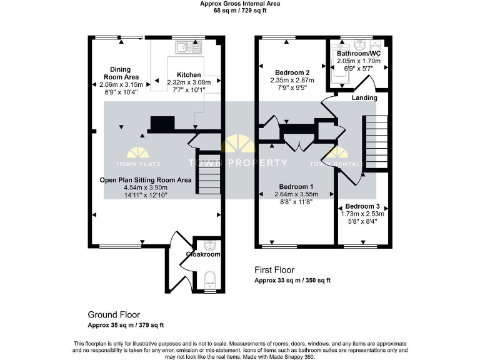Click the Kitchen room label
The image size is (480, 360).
[x=189, y=74]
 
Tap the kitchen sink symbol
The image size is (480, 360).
[x=187, y=46]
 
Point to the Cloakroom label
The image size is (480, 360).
[x=204, y=254]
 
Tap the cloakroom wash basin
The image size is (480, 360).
[x=210, y=244]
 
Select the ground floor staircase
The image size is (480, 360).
[x=209, y=174]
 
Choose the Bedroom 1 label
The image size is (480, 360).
[x=296, y=187]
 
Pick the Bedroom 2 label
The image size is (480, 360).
[x=292, y=72]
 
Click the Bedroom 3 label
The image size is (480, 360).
[x=362, y=206]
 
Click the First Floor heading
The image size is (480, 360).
[x=275, y=270]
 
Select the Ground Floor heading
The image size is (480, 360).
[x=113, y=315]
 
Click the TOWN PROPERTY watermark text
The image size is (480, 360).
[x=238, y=163]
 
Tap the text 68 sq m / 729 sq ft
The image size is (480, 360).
[x=239, y=11]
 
